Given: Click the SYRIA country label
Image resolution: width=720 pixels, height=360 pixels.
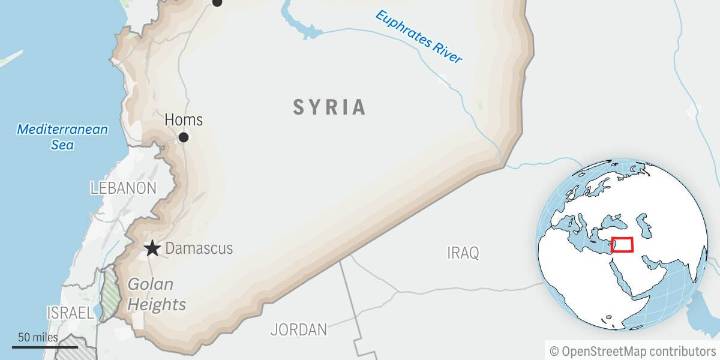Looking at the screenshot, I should click(x=329, y=107).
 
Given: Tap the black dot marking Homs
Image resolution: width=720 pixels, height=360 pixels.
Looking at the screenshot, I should click(x=182, y=137).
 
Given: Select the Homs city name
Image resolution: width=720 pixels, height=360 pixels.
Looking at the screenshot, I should click(x=182, y=119).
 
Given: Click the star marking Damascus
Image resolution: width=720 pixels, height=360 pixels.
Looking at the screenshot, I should click(x=152, y=248).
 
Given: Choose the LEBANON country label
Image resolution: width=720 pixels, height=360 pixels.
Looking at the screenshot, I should click(x=123, y=188).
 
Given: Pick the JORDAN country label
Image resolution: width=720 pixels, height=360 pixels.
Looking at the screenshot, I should click(x=298, y=329).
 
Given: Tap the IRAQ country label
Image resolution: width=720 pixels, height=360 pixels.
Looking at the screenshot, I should click(x=463, y=251).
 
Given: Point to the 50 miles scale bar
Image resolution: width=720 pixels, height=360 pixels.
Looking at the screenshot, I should click(x=40, y=346).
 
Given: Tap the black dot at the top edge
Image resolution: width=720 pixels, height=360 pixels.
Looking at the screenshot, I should click(x=217, y=3).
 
